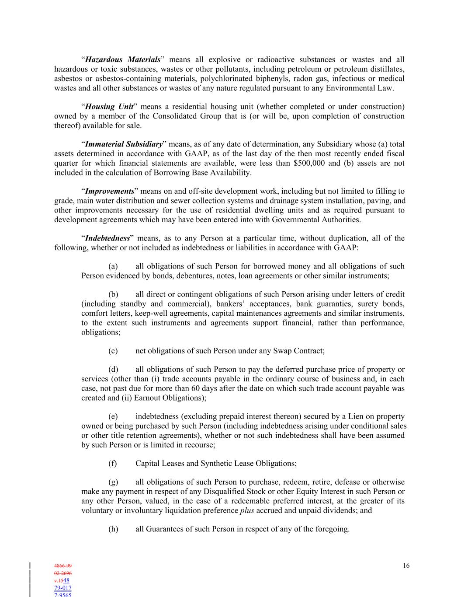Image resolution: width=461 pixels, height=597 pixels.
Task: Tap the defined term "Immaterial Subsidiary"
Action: click(x=124, y=144)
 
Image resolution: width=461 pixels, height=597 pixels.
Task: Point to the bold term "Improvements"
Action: click(x=109, y=192)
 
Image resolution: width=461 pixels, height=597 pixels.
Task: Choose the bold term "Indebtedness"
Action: click(x=107, y=238)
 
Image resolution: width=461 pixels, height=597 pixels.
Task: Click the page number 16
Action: click(x=406, y=566)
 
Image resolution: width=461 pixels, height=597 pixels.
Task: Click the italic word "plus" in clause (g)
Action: click(x=247, y=510)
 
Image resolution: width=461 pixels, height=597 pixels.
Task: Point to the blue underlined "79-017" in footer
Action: click(x=63, y=588)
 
